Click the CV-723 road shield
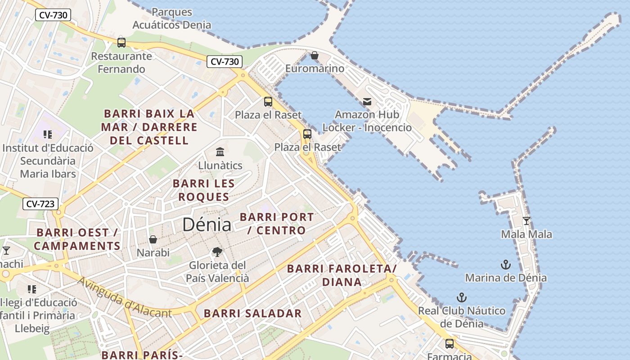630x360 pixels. tap(40, 204)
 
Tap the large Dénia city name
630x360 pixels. tap(207, 225)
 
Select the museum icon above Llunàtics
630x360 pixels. tap(220, 152)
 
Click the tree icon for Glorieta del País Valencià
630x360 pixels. tap(217, 252)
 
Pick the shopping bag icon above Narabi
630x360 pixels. tap(153, 239)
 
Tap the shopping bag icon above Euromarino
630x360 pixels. tap(315, 55)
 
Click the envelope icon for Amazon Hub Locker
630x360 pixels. tap(367, 102)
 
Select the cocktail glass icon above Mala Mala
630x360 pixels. tap(526, 220)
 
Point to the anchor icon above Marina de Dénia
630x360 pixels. tap(506, 265)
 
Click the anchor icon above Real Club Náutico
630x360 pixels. tap(461, 297)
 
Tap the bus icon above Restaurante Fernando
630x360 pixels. tap(121, 43)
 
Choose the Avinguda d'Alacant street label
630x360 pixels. tap(125, 297)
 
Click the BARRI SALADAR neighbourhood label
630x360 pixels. tap(252, 314)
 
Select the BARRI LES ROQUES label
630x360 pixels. tap(204, 190)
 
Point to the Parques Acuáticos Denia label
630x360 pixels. tap(172, 18)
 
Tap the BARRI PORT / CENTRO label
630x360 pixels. tap(277, 223)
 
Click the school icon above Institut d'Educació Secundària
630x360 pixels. tap(48, 135)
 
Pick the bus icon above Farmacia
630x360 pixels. tap(449, 344)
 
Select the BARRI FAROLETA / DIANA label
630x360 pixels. tap(342, 275)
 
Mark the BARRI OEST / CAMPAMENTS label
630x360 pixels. tap(77, 239)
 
